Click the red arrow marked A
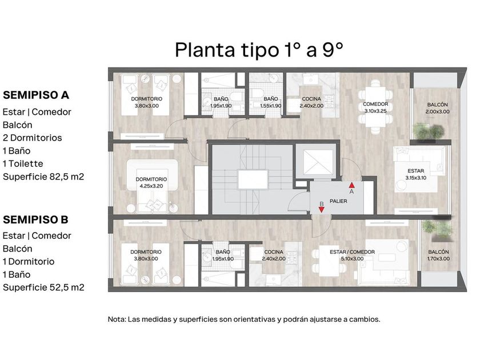pos(352,185)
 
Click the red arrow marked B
pos(321,210)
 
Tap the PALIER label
pos(338,201)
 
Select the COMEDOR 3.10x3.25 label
pos(375,107)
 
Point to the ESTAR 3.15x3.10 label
pos(416,174)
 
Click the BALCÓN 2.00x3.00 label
pos(438,108)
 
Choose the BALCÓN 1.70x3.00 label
pos(438,255)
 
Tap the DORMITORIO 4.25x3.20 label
pos(151,182)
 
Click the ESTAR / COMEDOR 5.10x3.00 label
pos(352,255)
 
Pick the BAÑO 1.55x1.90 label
pos(271,102)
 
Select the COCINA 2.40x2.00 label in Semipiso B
pos(274,255)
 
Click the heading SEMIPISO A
pos(36,95)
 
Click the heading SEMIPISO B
pos(35,219)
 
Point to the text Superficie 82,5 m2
pos(43,177)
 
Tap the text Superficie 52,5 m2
pos(43,287)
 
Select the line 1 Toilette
pos(23,163)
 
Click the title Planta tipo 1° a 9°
pos(259,50)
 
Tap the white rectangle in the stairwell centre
pos(253,179)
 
